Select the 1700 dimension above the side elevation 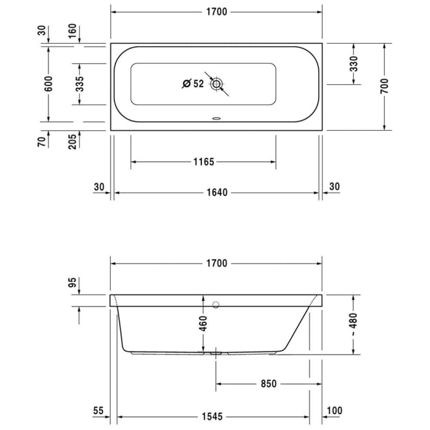click(x=216, y=264)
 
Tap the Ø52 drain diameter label click(x=193, y=84)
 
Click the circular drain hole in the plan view click(x=216, y=84)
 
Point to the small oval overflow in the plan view click(x=216, y=119)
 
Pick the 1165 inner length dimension click(x=203, y=162)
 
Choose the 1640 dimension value click(x=216, y=193)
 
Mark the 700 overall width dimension click(x=385, y=87)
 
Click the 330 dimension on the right click(x=354, y=64)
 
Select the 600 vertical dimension click(x=49, y=84)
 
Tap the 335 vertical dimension click(x=80, y=84)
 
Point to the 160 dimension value click(x=80, y=31)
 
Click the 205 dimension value click(x=80, y=141)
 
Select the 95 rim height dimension click(x=72, y=283)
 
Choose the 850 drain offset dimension click(x=268, y=385)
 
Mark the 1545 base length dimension click(x=216, y=415)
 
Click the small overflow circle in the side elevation click(x=215, y=305)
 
